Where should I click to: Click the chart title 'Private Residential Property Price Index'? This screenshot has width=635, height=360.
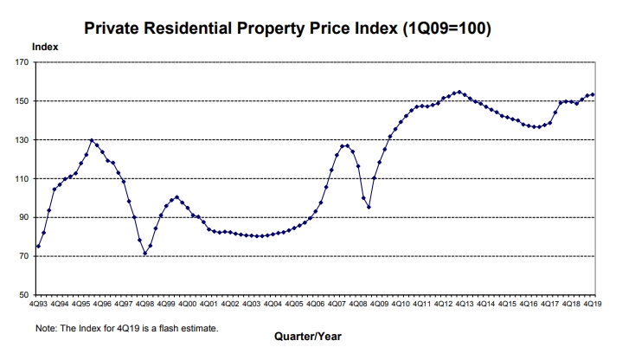(288, 29)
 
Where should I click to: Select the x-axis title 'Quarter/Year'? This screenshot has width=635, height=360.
(306, 335)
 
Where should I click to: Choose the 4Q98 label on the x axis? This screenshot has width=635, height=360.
(144, 305)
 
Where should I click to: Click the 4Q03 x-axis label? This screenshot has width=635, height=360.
(251, 305)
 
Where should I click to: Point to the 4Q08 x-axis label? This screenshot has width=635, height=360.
(357, 305)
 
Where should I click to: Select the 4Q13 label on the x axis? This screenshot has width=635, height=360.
(464, 305)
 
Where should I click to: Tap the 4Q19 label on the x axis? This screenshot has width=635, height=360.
(593, 305)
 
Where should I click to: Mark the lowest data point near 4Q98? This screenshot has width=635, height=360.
(144, 254)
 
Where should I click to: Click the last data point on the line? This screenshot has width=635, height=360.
(593, 94)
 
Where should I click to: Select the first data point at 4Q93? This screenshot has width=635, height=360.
(38, 247)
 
